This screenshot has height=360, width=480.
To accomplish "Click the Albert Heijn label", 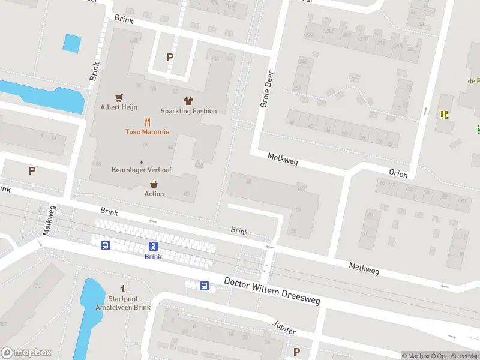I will [119, 107].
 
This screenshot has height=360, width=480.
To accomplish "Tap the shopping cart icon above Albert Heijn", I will [119, 97].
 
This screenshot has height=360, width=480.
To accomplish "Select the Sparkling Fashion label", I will [188, 111].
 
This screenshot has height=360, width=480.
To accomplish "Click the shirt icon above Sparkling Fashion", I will [188, 101].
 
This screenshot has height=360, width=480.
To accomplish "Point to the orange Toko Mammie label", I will [147, 132].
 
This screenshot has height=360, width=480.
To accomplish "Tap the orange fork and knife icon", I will [147, 122].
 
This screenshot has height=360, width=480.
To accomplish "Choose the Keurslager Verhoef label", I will [142, 170].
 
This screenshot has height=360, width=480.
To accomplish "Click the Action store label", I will [154, 194].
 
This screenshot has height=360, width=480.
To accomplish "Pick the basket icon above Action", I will [154, 184].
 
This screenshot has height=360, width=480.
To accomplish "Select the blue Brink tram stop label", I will [153, 256].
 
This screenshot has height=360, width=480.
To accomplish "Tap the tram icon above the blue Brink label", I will [153, 246].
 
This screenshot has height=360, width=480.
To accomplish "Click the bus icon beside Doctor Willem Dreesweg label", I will [204, 286].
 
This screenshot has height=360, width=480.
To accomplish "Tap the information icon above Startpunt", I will [123, 289].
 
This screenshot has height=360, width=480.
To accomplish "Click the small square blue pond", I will [72, 43].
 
